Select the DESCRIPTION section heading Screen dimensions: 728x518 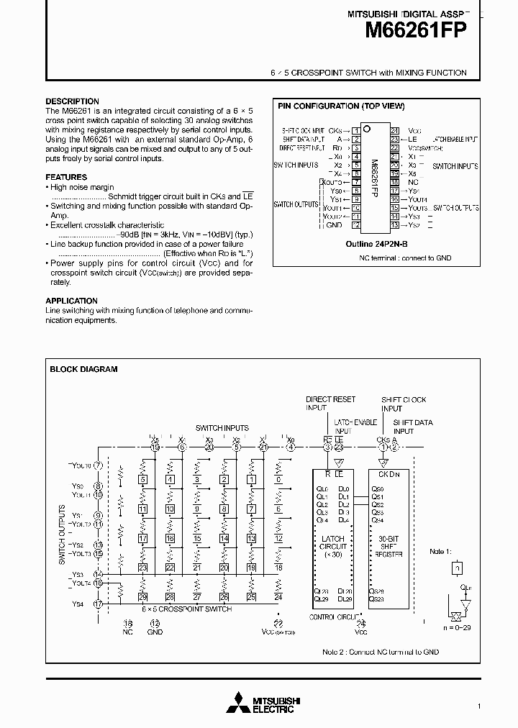72,101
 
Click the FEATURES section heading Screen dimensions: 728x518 66,177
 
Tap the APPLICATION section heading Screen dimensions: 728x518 71,301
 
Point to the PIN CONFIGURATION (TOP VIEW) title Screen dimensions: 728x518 341,106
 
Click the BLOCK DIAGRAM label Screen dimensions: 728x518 83,369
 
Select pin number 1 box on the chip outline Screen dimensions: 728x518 355,130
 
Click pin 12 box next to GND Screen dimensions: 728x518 355,224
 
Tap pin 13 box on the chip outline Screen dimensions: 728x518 394,224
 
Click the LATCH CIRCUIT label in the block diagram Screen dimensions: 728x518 332,542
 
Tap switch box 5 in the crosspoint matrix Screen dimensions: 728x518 143,480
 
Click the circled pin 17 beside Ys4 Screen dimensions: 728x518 98,604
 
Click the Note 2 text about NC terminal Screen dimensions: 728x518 381,652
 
